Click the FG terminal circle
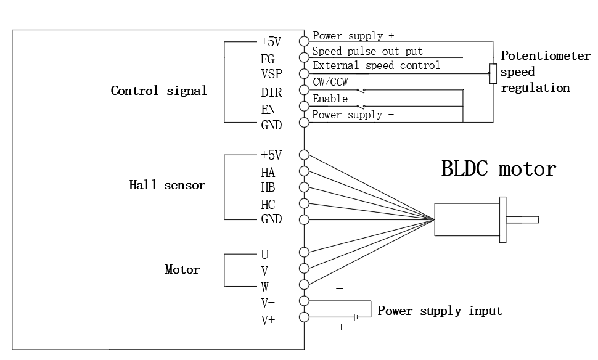pyautogui.click(x=303, y=57)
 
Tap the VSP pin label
pyautogui.click(x=271, y=74)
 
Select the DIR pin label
pyautogui.click(x=271, y=93)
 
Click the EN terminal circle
pyautogui.click(x=303, y=106)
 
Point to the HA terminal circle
pyautogui.click(x=303, y=171)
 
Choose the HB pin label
pyautogui.click(x=268, y=187)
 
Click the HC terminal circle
pyautogui.click(x=303, y=203)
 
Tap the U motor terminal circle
pyautogui.click(x=303, y=252)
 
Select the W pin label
pyautogui.click(x=264, y=287)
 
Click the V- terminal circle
pyautogui.click(x=303, y=301)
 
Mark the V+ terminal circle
pyautogui.click(x=303, y=317)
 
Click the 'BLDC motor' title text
pyautogui.click(x=498, y=168)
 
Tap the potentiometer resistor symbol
pyautogui.click(x=493, y=74)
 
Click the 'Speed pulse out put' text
pyautogui.click(x=367, y=51)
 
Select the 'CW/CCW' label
pyautogui.click(x=330, y=83)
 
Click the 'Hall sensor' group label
pyautogui.click(x=167, y=185)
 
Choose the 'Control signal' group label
pyautogui.click(x=159, y=91)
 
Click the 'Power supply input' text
pyautogui.click(x=440, y=311)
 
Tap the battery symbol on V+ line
pyautogui.click(x=356, y=317)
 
